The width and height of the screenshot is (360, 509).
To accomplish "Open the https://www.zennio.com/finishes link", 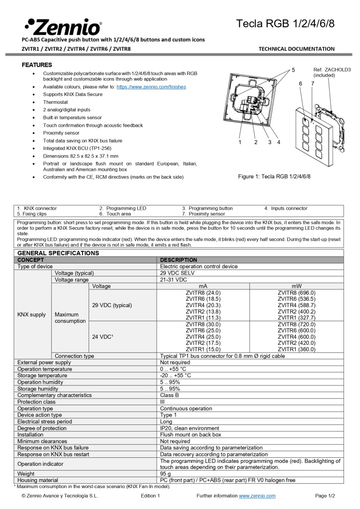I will [151, 86].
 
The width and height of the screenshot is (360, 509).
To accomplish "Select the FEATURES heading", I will [37, 65].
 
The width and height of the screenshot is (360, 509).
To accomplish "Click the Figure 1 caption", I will [274, 176].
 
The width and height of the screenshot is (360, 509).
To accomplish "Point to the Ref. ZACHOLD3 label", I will [332, 72].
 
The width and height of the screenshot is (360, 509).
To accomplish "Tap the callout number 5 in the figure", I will [293, 70].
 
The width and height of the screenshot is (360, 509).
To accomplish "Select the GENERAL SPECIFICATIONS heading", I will [58, 253].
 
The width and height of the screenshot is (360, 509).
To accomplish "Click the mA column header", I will [203, 286].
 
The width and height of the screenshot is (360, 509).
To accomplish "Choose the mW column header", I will [296, 286].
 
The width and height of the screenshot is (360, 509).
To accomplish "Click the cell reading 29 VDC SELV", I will [178, 273].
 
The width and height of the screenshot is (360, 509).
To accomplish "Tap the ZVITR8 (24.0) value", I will [203, 293].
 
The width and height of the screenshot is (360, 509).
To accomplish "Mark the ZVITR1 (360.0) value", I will [296, 349].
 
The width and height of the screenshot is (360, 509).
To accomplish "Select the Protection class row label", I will [36, 402].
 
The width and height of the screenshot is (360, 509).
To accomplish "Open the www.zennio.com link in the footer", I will [257, 496].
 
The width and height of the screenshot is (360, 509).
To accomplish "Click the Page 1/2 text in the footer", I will [325, 496].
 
